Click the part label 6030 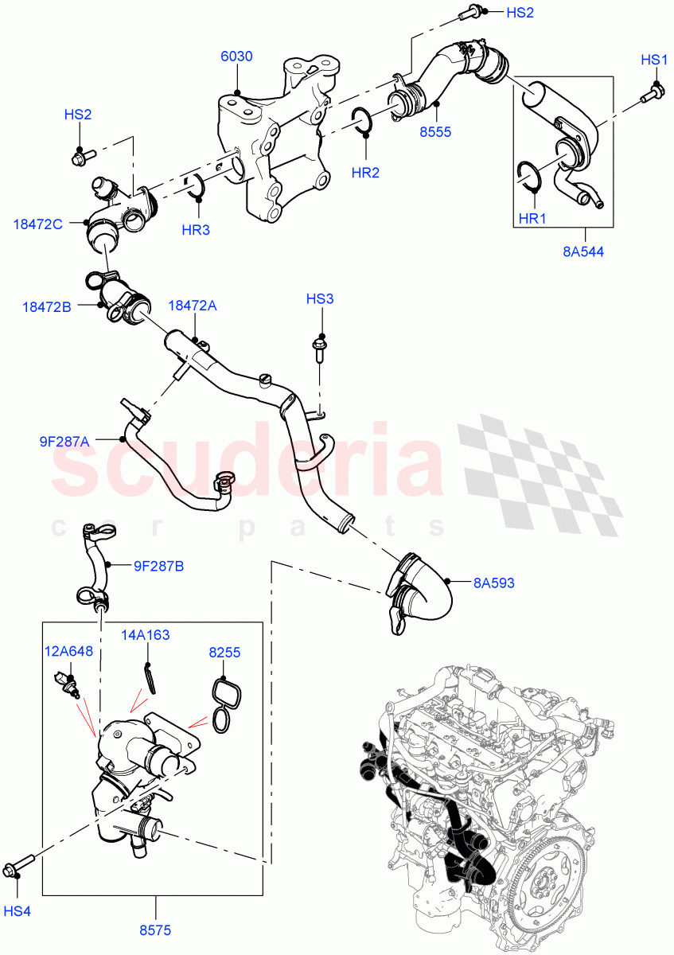(x=236, y=57)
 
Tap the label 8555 (x=435, y=132)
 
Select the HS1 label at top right (x=654, y=60)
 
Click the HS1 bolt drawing (x=651, y=96)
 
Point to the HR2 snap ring (x=363, y=119)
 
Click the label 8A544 (x=584, y=252)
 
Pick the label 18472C (x=37, y=224)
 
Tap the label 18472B (x=47, y=306)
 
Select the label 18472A (x=192, y=306)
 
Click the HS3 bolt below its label (x=319, y=349)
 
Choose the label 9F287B (x=158, y=567)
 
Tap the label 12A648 (x=68, y=651)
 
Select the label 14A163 (x=145, y=635)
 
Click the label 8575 (x=155, y=930)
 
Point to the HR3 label (x=195, y=230)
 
